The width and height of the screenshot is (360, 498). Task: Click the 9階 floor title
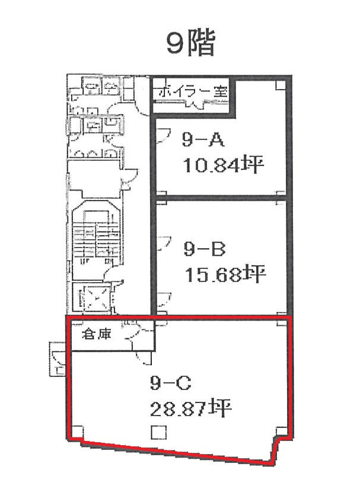coord(191,43)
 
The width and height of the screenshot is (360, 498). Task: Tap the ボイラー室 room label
coord(193,92)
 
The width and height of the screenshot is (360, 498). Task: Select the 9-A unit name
coord(203,139)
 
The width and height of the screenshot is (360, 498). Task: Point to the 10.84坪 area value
coord(224,165)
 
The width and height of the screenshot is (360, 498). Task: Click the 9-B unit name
coord(205,249)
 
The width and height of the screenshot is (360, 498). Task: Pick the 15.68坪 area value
coord(225,274)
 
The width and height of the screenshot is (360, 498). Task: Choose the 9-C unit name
coord(170,383)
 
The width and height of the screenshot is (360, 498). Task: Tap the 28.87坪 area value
coord(190,409)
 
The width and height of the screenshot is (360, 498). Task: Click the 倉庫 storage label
coord(97,334)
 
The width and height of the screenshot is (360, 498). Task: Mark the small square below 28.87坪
coord(158,433)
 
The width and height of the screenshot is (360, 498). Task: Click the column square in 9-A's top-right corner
coord(281,85)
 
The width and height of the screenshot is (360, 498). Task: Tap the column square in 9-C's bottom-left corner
coord(78,432)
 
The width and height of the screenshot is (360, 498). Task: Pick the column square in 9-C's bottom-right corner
coord(281,432)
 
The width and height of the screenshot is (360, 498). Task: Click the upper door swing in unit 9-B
coord(164,243)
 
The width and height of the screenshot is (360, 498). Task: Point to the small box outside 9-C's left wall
coord(58,359)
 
